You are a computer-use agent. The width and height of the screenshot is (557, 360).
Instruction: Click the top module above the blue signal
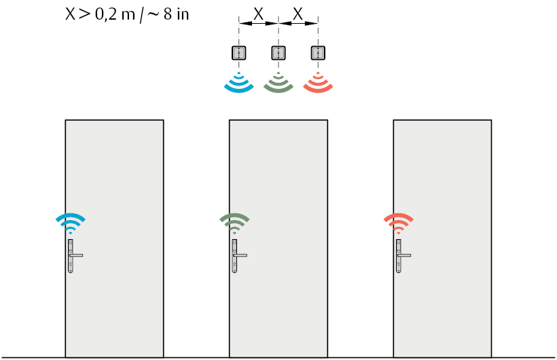tap(239, 53)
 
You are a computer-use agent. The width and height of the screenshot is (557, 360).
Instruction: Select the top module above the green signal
tap(278, 53)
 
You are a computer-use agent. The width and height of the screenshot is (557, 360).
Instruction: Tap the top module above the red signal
tap(318, 53)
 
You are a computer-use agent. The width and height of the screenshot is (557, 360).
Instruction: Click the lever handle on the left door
tap(76, 255)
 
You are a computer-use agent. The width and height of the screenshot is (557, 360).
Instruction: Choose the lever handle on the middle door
tap(240, 255)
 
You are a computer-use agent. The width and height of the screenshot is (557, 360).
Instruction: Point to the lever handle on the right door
tap(404, 255)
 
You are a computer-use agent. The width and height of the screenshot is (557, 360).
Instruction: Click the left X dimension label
tap(258, 14)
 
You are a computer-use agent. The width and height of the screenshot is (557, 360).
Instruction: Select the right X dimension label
tap(298, 14)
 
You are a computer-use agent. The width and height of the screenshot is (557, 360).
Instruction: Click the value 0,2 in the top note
tap(107, 15)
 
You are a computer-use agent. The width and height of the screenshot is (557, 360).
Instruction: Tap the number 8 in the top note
tap(168, 14)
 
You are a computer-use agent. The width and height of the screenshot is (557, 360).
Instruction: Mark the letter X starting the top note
tap(71, 14)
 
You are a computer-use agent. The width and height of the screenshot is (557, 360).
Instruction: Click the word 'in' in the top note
tap(183, 14)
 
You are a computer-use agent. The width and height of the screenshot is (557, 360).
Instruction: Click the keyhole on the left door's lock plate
tap(71, 265)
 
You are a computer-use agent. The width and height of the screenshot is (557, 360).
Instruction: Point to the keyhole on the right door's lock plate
tap(399, 265)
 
